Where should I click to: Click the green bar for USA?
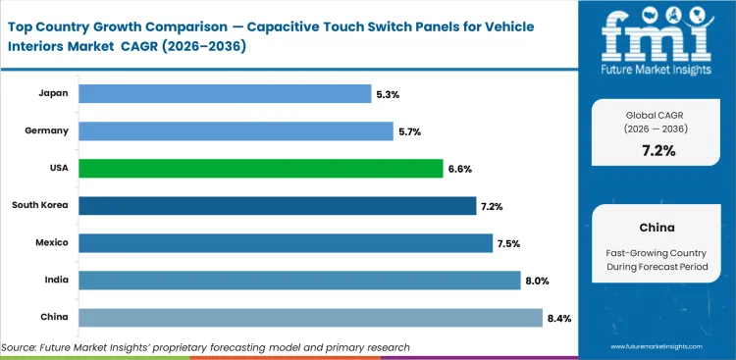(x=260, y=168)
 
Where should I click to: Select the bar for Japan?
(x=224, y=93)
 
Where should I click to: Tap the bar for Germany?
(x=236, y=130)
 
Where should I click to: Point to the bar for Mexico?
(x=286, y=242)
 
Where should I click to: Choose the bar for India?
(x=299, y=280)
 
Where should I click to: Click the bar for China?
(x=310, y=317)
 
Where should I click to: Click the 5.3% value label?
(x=387, y=94)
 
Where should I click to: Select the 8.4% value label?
(x=560, y=318)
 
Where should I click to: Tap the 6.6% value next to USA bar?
(x=460, y=169)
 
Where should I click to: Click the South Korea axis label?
(x=39, y=205)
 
